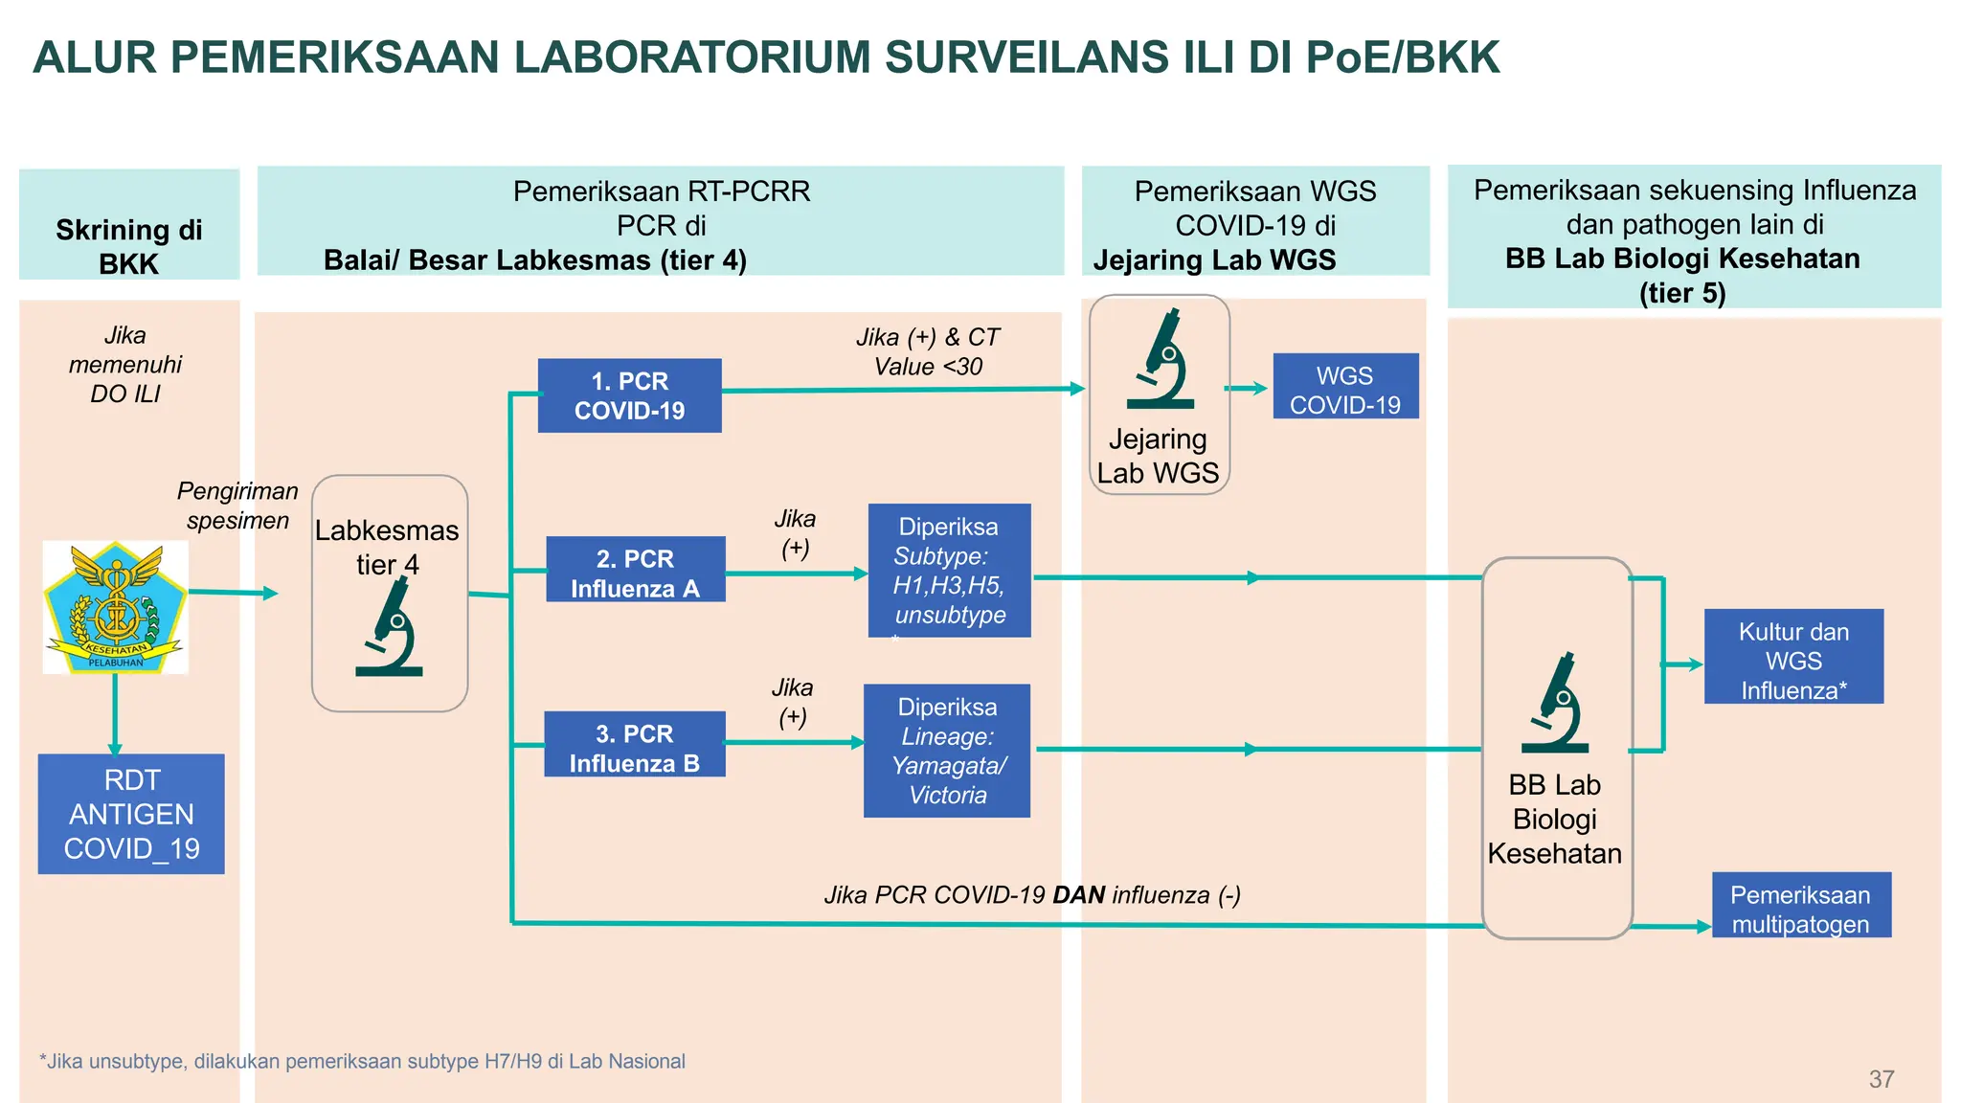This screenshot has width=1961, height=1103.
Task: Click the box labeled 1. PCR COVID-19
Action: click(x=629, y=395)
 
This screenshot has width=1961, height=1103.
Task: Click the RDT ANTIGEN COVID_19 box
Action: click(x=131, y=814)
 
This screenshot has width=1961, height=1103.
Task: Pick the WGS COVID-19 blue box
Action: click(x=1344, y=387)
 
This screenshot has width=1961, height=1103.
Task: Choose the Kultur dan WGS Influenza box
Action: click(x=1792, y=658)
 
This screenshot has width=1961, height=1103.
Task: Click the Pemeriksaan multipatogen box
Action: click(x=1800, y=906)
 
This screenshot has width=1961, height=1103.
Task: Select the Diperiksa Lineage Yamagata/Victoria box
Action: click(x=946, y=751)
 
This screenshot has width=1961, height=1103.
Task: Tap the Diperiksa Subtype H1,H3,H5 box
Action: click(x=949, y=571)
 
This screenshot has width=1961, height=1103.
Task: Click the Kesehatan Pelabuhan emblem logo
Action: click(x=115, y=607)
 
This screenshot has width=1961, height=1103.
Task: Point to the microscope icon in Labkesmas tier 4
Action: click(x=389, y=628)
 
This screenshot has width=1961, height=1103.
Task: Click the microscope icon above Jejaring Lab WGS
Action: click(x=1161, y=359)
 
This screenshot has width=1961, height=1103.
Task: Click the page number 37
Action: click(x=1881, y=1079)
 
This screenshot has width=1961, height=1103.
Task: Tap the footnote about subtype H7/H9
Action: click(x=362, y=1061)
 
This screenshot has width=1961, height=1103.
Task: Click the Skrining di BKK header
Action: click(x=128, y=246)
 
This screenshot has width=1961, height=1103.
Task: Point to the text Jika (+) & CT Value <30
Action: click(x=927, y=351)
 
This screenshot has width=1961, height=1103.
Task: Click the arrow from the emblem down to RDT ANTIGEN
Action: click(x=115, y=714)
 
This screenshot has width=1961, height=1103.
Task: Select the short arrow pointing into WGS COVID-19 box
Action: click(x=1246, y=388)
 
